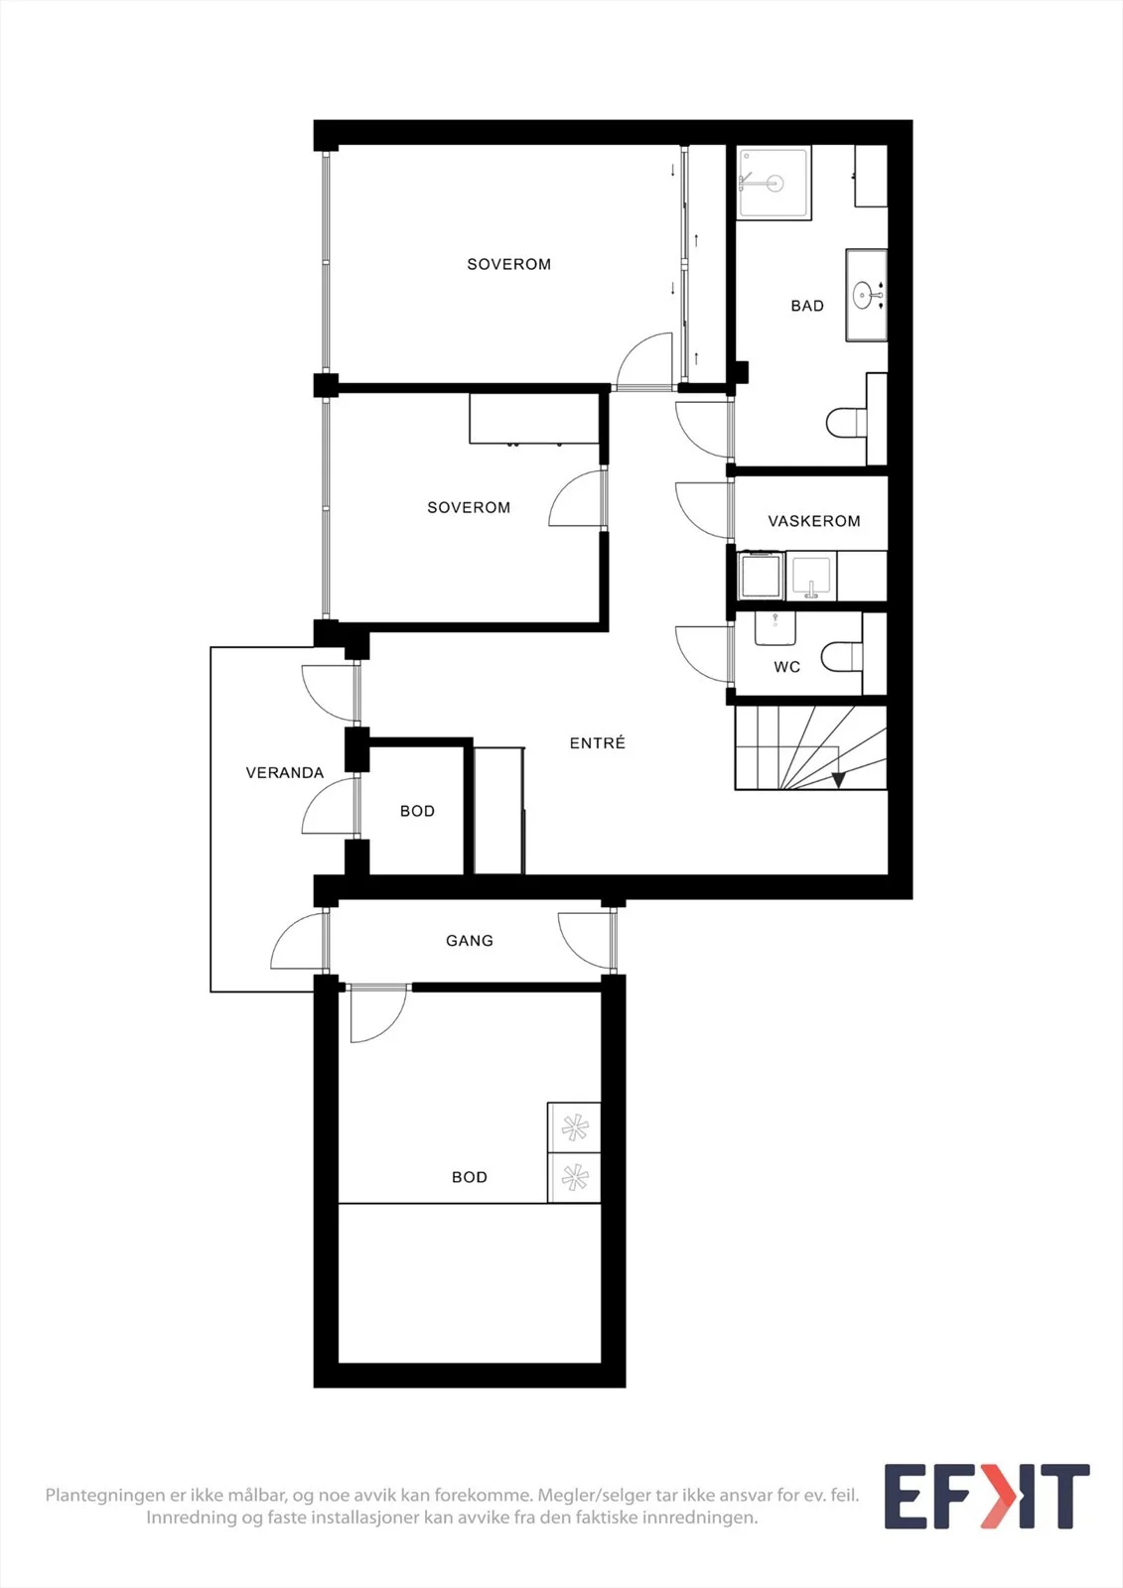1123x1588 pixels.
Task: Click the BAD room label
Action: [807, 306]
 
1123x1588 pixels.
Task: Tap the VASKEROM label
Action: [813, 521]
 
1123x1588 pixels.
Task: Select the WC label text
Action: [786, 667]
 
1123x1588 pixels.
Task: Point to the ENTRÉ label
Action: [598, 743]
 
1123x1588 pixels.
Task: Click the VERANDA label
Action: [285, 773]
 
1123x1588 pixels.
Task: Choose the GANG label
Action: [469, 941]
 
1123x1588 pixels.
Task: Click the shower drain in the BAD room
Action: [773, 183]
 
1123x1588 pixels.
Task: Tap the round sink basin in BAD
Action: [863, 295]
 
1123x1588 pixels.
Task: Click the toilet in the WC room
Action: [842, 657]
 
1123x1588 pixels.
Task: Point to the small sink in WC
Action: [773, 629]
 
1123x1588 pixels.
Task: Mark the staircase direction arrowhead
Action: [838, 780]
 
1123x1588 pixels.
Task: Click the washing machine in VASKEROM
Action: [761, 575]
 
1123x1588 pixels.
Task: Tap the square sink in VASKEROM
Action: [811, 576]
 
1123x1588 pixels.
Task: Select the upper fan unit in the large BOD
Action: [574, 1127]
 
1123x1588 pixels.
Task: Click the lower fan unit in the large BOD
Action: [574, 1177]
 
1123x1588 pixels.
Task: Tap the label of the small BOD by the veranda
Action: [417, 811]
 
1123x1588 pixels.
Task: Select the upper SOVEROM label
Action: [508, 264]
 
